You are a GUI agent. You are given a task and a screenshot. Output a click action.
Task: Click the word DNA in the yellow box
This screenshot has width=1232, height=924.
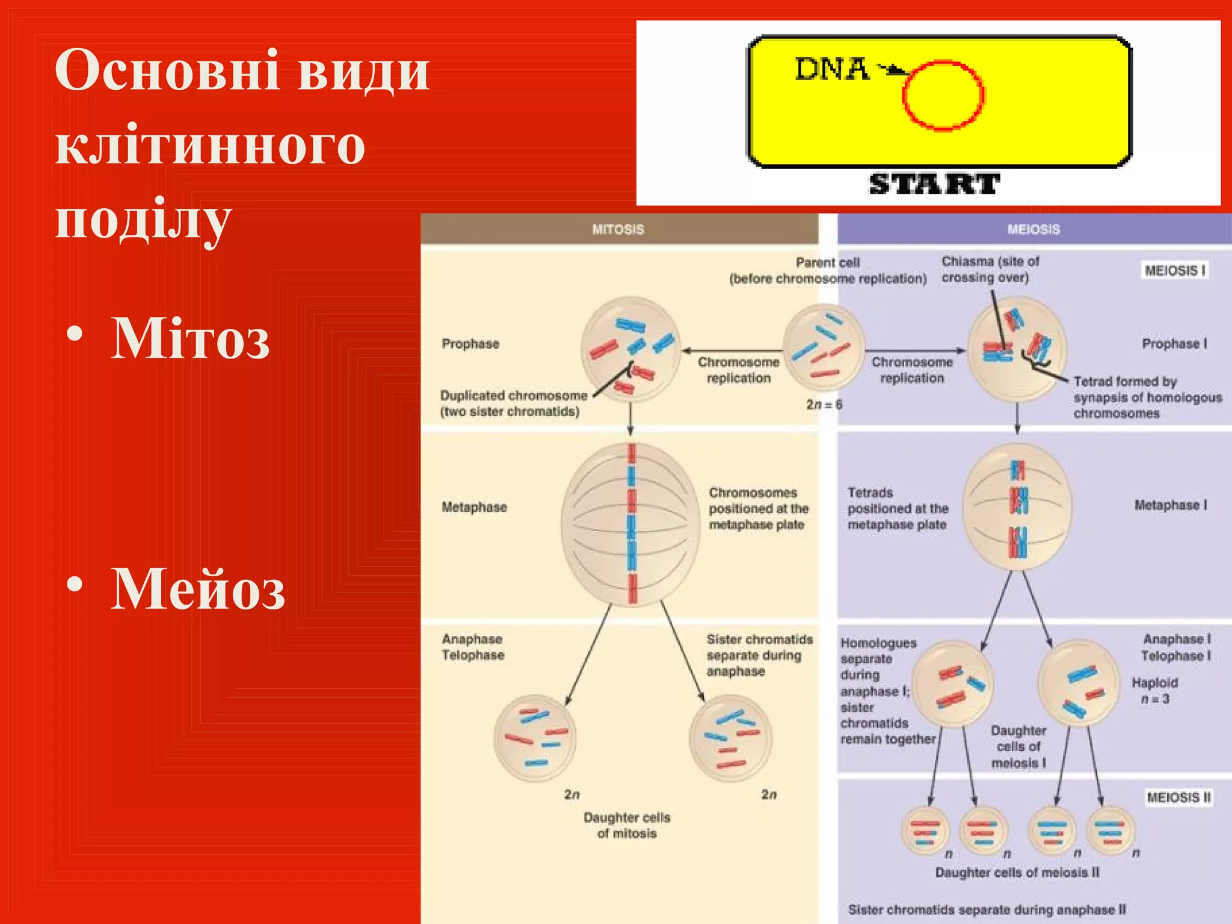831,69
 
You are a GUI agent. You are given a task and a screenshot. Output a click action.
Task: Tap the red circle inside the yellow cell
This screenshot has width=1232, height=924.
943,95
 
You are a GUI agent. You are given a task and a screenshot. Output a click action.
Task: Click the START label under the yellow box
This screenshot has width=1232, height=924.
934,183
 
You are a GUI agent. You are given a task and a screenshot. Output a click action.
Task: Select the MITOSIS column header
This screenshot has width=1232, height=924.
618,229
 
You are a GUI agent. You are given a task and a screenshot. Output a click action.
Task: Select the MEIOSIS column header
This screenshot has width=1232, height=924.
1033,229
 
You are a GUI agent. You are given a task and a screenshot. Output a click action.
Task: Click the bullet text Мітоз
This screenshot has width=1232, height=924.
190,338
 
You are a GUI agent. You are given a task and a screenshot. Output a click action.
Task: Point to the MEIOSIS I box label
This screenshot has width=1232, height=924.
1174,270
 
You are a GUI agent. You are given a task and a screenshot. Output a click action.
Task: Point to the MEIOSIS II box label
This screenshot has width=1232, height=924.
1178,797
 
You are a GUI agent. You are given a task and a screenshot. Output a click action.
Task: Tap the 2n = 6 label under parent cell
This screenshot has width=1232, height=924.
824,404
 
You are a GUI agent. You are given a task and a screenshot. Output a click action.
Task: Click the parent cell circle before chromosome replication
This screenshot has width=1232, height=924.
824,347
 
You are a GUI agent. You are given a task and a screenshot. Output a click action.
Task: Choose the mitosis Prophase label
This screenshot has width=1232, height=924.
470,343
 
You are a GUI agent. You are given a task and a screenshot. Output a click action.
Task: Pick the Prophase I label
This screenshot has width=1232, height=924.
1174,343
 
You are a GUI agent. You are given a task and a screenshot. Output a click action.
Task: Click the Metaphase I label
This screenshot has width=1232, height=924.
1170,505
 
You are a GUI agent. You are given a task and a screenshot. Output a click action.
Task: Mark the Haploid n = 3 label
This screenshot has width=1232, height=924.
1155,691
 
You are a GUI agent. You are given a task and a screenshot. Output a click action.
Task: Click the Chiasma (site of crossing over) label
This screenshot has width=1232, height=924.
990,269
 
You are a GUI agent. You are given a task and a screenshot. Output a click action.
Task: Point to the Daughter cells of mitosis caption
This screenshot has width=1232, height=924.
627,825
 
